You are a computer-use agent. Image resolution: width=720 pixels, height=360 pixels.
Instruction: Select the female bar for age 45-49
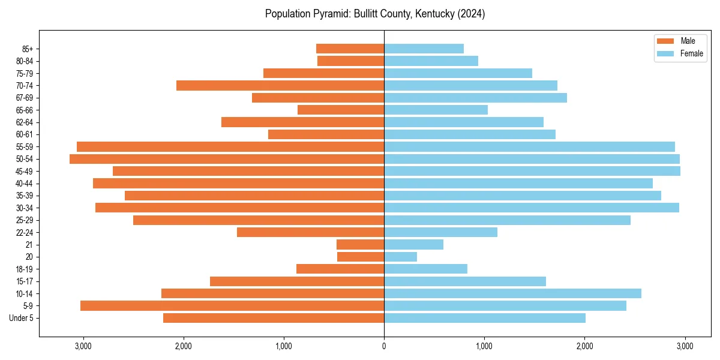(x=532, y=171)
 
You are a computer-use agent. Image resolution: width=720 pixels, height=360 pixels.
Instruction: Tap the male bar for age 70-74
(x=280, y=86)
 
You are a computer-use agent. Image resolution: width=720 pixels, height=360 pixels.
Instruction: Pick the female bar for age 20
(x=400, y=257)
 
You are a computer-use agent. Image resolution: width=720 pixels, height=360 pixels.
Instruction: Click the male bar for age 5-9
(x=232, y=306)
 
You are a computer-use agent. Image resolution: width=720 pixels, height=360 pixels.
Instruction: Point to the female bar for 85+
(x=424, y=49)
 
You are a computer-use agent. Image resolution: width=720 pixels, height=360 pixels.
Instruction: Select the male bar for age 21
(x=360, y=245)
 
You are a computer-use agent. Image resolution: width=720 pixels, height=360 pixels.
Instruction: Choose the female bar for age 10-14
(x=512, y=293)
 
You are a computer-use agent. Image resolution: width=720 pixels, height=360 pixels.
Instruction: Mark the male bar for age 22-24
(x=310, y=232)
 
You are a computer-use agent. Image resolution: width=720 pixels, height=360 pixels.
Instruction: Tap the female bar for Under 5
(x=485, y=318)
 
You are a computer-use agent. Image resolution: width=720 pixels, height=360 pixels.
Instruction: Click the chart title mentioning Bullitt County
(x=375, y=14)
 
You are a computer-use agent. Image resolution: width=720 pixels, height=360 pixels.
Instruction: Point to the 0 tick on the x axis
(x=384, y=346)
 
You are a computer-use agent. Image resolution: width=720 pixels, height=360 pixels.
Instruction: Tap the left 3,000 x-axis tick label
(x=83, y=346)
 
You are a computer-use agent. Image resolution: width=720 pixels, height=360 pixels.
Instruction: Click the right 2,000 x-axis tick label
(x=584, y=346)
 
